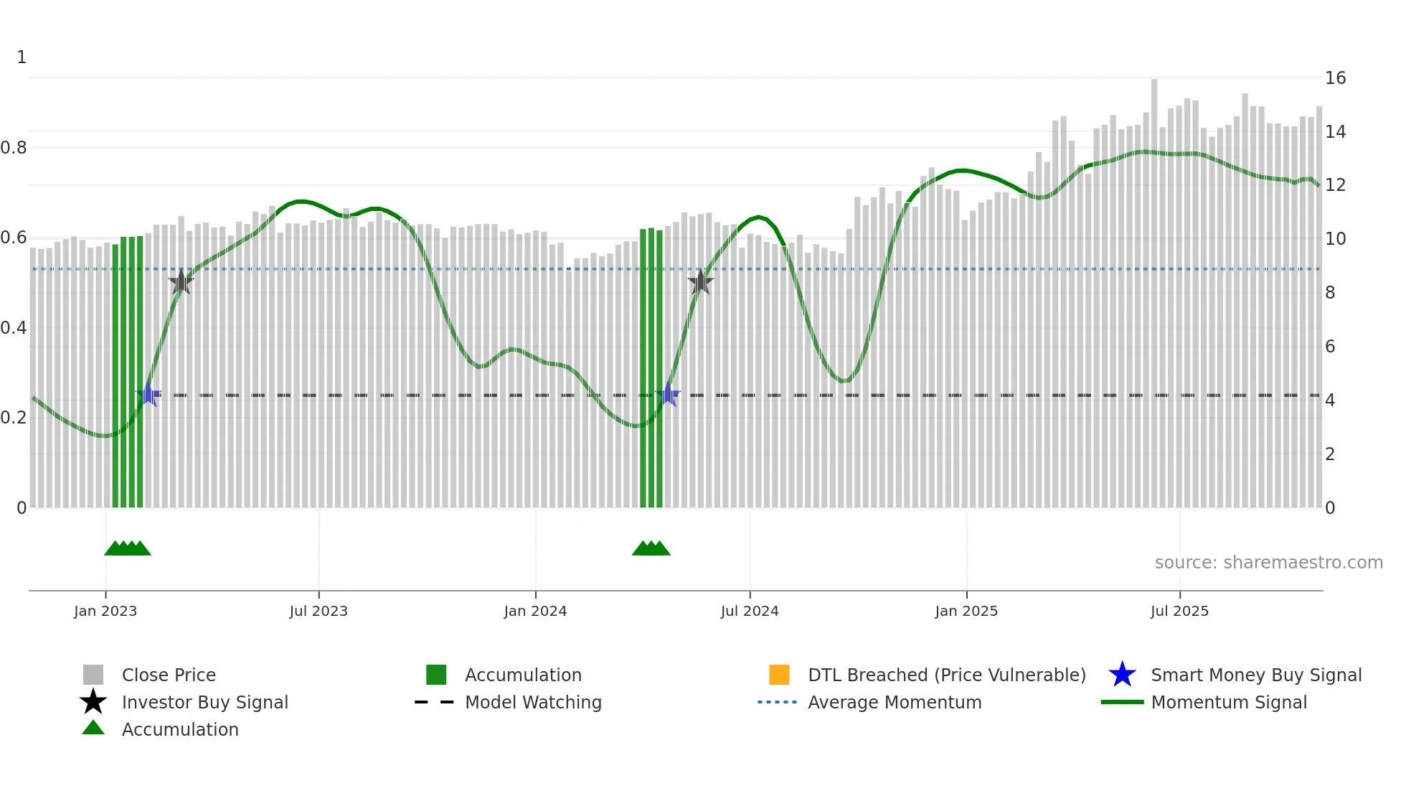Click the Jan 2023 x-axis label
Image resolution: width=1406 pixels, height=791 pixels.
pyautogui.click(x=105, y=611)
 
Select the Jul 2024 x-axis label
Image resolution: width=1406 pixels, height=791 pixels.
pyautogui.click(x=750, y=611)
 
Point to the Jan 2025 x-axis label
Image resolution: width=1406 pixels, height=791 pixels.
pyautogui.click(x=966, y=611)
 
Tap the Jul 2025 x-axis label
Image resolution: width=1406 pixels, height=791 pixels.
pyautogui.click(x=1179, y=611)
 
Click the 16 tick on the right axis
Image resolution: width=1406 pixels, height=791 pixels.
pyautogui.click(x=1335, y=78)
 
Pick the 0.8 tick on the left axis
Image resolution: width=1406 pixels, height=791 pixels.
pyautogui.click(x=14, y=148)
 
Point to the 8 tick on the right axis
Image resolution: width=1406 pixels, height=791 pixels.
pyautogui.click(x=1330, y=292)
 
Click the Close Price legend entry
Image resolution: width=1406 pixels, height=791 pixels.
pyautogui.click(x=169, y=675)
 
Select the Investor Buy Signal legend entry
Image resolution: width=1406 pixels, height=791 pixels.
pyautogui.click(x=204, y=702)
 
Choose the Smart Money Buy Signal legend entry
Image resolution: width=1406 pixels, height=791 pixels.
pyautogui.click(x=1255, y=675)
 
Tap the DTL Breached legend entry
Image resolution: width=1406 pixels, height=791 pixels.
pyautogui.click(x=946, y=675)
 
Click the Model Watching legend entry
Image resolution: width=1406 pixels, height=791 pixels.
pyautogui.click(x=533, y=702)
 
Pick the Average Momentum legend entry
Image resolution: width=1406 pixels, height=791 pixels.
pyautogui.click(x=895, y=702)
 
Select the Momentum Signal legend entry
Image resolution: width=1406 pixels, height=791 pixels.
pyautogui.click(x=1229, y=702)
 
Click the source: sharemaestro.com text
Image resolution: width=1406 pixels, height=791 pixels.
pyautogui.click(x=1268, y=562)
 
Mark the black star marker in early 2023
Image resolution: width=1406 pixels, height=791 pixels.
pyautogui.click(x=181, y=282)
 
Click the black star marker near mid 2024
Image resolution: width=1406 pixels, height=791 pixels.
pyautogui.click(x=700, y=282)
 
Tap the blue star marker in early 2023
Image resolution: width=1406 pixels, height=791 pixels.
pyautogui.click(x=149, y=395)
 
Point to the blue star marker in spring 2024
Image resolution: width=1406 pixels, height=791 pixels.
pyautogui.click(x=668, y=395)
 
